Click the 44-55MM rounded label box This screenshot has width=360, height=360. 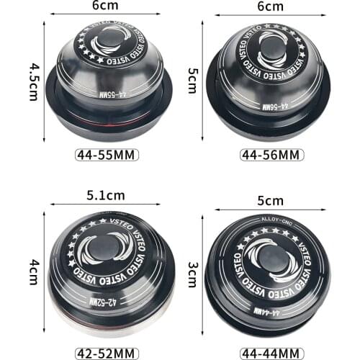pyautogui.click(x=106, y=154)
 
